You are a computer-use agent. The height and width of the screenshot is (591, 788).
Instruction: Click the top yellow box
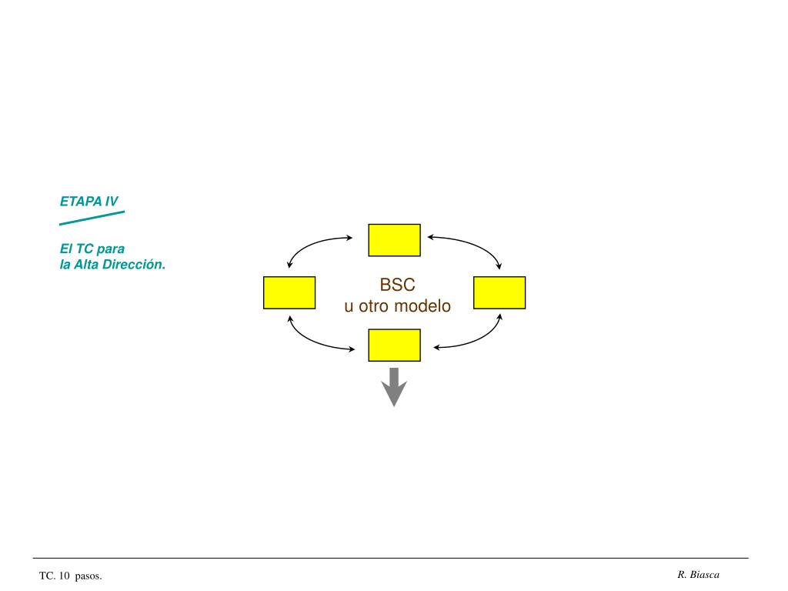394,240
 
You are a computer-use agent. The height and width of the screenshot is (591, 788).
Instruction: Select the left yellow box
289,292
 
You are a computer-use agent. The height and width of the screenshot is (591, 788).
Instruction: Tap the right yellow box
499,292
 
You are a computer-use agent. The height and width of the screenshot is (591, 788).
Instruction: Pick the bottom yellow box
394,345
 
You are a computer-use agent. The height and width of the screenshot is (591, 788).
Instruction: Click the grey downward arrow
394,387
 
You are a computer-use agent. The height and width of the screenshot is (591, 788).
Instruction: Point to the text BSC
397,285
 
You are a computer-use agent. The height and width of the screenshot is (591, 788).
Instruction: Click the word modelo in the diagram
422,306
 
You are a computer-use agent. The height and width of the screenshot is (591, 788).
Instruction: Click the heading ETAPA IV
89,202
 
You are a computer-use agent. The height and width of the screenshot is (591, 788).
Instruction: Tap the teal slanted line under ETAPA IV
92,218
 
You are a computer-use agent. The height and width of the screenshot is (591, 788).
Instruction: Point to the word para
111,249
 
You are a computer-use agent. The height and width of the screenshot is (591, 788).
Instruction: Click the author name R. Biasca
699,575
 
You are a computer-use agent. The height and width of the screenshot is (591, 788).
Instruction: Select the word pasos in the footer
88,576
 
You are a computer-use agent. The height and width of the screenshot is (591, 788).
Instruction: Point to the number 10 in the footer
64,576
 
